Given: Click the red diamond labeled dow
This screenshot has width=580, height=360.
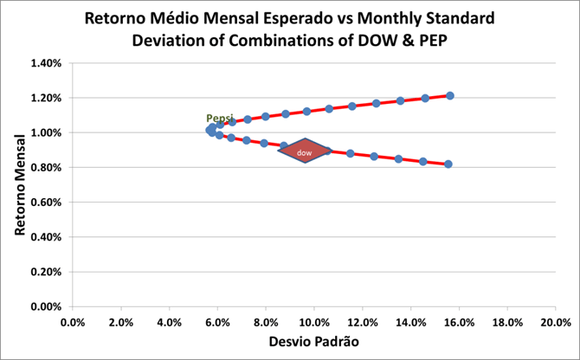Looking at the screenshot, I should point(305,151).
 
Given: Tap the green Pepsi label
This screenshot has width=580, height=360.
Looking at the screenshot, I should point(220,119).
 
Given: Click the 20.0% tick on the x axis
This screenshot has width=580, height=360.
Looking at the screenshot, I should point(555,322).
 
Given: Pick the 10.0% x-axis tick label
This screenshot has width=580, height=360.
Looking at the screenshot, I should point(314,322).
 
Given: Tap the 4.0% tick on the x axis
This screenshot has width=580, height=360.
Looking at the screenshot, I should point(170,322).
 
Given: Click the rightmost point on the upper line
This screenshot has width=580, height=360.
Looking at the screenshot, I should point(450,95).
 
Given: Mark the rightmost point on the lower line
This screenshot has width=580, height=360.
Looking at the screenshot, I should point(448,164).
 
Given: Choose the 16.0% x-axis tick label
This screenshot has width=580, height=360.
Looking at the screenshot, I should point(459,322).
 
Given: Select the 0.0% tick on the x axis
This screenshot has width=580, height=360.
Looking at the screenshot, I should point(73,322).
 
